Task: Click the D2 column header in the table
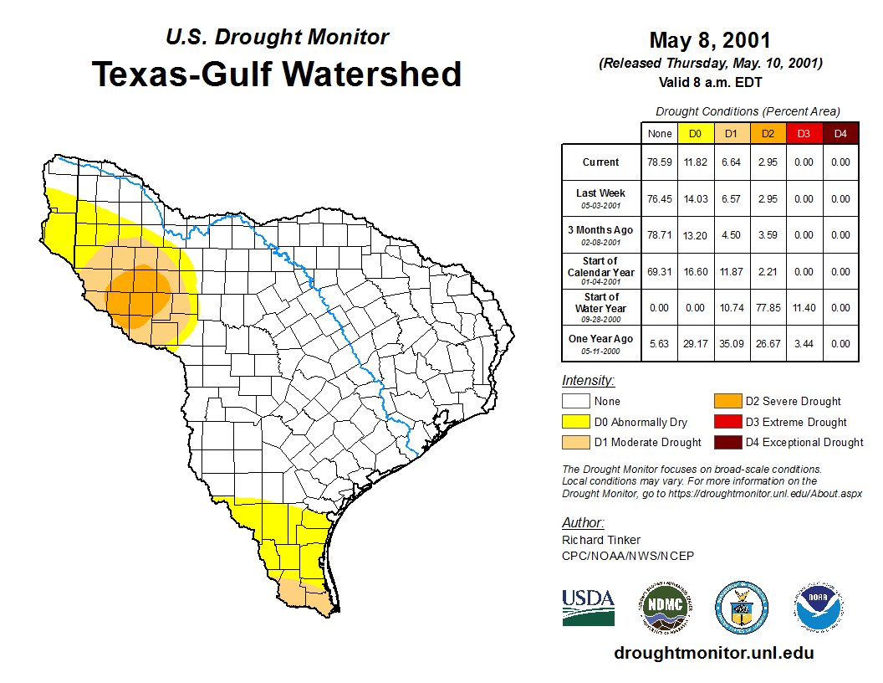coord(768,134)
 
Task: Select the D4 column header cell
coord(840,134)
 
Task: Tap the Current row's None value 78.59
coord(659,162)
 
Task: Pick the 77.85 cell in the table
coord(768,307)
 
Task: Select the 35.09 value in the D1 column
coord(731,343)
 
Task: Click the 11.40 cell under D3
coord(804,307)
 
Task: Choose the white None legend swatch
coord(575,402)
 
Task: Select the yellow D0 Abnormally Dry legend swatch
coord(575,422)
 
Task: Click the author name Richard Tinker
coord(601,540)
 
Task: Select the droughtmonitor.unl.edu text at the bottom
coord(713,653)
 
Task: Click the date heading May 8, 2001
coord(710,40)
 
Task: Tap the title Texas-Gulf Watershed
coord(277,74)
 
